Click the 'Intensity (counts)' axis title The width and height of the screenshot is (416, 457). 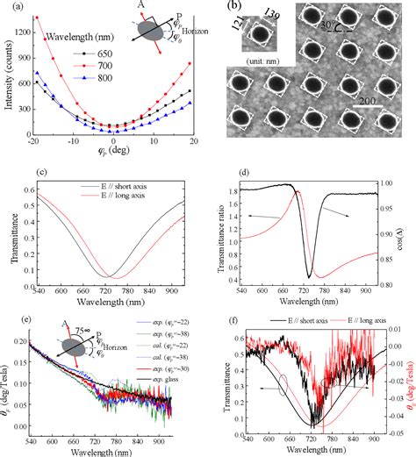pos(9,74)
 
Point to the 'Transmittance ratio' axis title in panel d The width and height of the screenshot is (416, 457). pos(227,226)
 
